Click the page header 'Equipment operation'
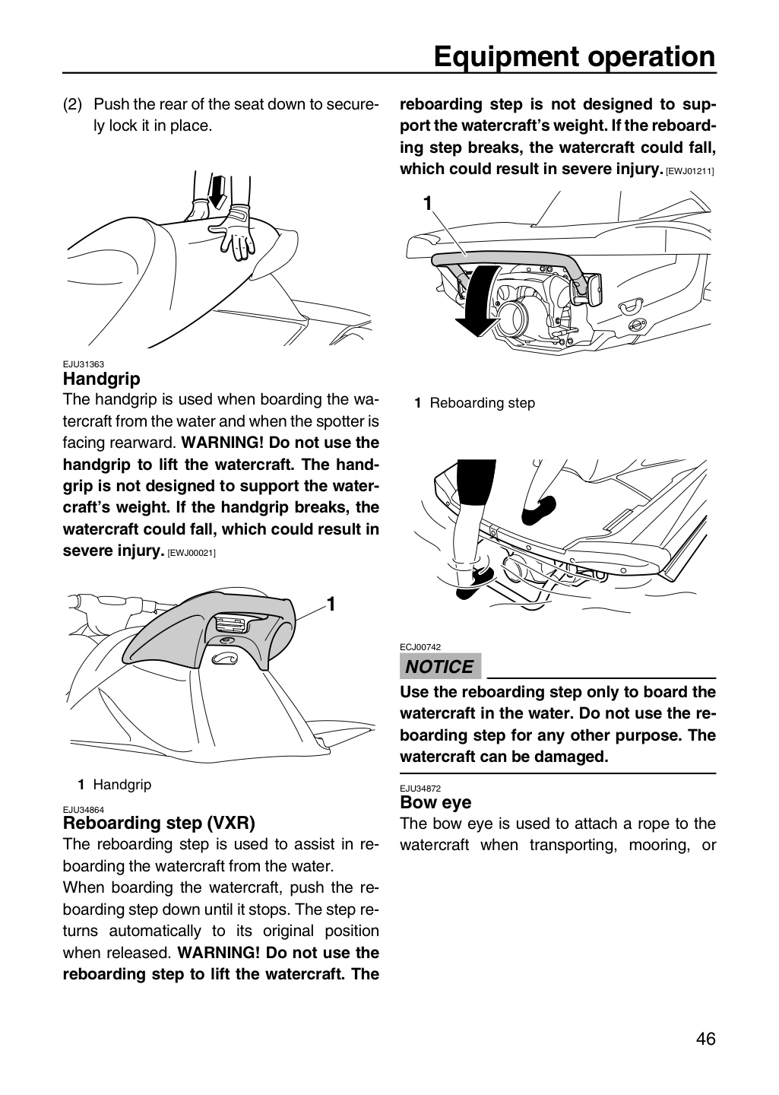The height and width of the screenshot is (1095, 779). click(575, 57)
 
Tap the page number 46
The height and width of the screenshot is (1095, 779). click(706, 1049)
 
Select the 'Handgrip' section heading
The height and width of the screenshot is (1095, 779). click(102, 379)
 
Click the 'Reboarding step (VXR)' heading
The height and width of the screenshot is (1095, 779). click(160, 824)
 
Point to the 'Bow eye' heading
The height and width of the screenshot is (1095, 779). click(436, 802)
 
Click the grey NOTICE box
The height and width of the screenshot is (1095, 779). click(440, 666)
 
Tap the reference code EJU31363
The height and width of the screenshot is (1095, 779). click(84, 364)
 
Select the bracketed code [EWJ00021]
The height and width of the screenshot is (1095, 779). click(192, 554)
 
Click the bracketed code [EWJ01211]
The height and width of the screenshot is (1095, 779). click(690, 172)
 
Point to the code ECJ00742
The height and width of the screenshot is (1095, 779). click(420, 647)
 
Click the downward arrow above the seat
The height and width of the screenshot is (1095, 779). click(217, 192)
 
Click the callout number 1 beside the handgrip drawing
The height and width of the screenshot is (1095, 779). click(331, 605)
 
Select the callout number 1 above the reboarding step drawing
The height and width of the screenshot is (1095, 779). click(428, 203)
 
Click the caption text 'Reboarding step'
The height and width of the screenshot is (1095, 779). click(483, 403)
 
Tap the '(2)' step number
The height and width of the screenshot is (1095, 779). click(72, 104)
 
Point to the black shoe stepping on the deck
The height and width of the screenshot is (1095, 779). click(539, 510)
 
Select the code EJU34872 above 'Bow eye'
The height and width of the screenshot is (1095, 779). click(420, 789)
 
